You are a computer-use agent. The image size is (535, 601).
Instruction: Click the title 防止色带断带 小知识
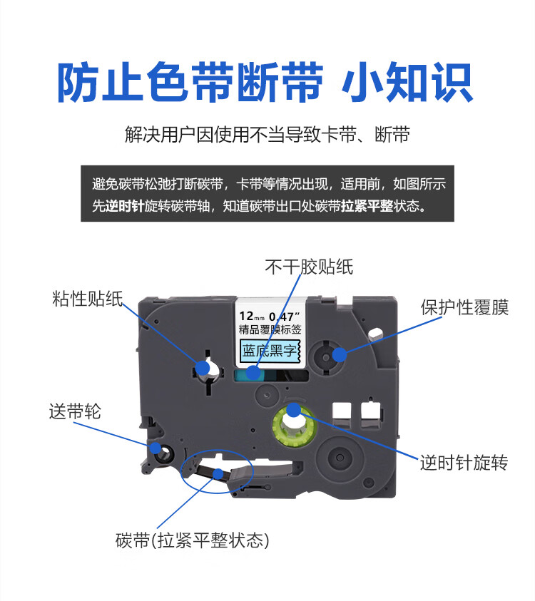click(265, 83)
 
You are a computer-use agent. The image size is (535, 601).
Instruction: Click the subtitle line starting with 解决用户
click(267, 135)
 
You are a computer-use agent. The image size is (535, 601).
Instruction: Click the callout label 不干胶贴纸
click(309, 267)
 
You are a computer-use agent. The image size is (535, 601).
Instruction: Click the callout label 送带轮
click(75, 411)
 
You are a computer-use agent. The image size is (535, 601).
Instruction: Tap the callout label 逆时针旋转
click(464, 463)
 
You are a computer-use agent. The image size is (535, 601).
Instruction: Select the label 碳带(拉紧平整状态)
click(192, 541)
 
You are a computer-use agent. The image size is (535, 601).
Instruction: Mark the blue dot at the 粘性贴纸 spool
click(203, 367)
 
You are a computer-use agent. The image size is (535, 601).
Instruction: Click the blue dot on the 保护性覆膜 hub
click(339, 353)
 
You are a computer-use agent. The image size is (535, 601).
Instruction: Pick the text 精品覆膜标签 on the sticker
click(270, 329)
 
